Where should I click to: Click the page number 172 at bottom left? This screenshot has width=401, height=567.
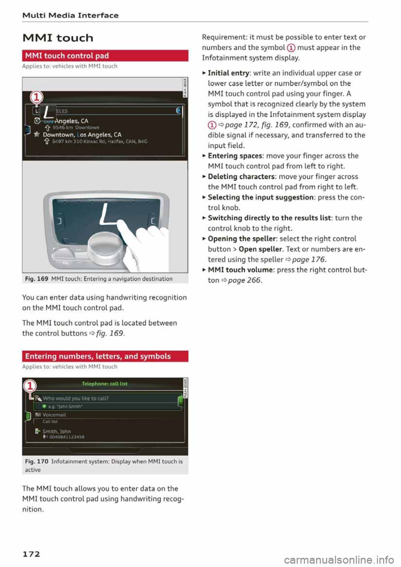31,554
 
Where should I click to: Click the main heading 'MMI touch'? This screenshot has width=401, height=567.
58,38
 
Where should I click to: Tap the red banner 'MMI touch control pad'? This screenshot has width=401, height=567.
105,56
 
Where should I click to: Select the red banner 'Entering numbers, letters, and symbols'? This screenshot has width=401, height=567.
105,356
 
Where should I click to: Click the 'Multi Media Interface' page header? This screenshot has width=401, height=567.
70,15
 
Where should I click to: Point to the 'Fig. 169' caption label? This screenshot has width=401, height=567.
36,279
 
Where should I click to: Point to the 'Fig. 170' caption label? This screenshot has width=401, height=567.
36,461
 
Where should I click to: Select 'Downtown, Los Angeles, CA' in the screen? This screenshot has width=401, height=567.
82,135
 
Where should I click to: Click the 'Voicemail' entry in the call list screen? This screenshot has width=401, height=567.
54,415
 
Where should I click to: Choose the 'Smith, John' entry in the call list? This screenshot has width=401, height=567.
56,431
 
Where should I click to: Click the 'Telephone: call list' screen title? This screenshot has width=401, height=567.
104,384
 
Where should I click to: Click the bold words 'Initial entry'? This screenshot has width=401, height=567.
228,73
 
